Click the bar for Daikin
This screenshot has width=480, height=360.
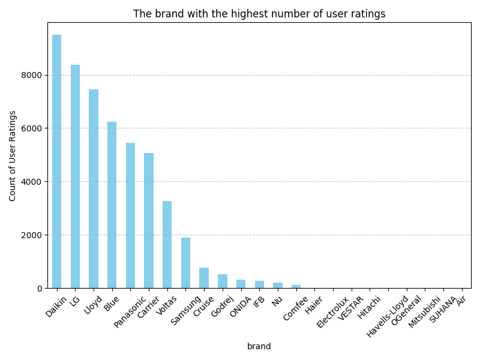(x=56, y=161)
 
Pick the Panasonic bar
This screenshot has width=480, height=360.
(x=130, y=215)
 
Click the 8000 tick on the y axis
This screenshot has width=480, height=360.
(x=32, y=75)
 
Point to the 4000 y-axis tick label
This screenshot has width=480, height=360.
(x=32, y=182)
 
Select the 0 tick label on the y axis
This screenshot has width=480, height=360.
(x=39, y=289)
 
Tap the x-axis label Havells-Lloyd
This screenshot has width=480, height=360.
(x=388, y=316)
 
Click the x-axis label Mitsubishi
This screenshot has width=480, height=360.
(x=425, y=312)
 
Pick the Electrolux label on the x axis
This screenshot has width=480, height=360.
(x=333, y=312)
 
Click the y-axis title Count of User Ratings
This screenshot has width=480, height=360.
(x=13, y=155)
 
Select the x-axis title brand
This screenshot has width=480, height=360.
(x=259, y=346)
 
